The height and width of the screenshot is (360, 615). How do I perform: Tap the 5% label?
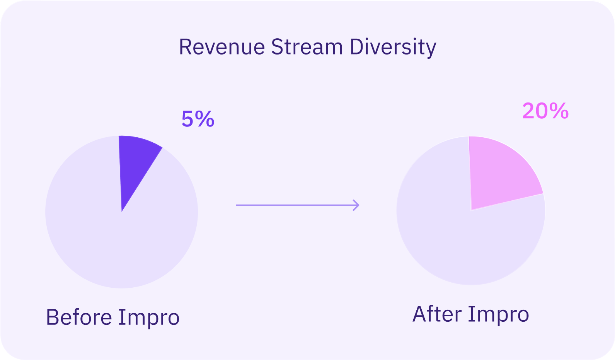point(198,119)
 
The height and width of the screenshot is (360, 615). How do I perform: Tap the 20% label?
point(545,111)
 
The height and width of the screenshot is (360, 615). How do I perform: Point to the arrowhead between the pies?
point(356,205)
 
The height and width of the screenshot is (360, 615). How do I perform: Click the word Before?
point(79,317)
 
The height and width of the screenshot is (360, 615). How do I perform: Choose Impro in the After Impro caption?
point(498,315)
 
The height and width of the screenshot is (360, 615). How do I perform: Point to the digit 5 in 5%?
point(187,119)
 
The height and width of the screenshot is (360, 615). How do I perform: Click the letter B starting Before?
point(52,317)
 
